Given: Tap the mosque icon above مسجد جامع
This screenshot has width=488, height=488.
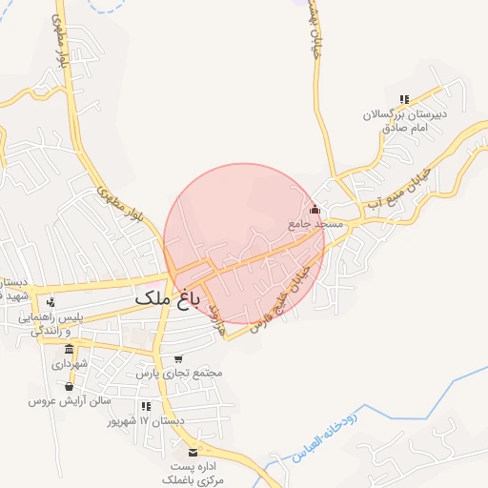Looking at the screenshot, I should (x=315, y=210).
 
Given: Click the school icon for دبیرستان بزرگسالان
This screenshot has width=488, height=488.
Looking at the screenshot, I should (x=404, y=99).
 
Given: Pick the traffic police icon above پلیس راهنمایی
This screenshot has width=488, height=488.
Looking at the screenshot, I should (x=51, y=302).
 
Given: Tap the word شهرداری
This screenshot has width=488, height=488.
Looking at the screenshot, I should (x=70, y=364).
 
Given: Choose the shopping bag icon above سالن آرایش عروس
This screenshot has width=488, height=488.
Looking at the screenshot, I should (x=69, y=386).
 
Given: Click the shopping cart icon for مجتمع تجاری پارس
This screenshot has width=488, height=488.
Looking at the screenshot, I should (x=178, y=358).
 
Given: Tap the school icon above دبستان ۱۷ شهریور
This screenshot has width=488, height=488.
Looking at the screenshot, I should (x=146, y=406).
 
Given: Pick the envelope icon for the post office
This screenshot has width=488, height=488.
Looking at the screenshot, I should (x=195, y=451).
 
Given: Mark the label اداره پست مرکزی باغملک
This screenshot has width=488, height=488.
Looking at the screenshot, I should (x=196, y=474).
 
